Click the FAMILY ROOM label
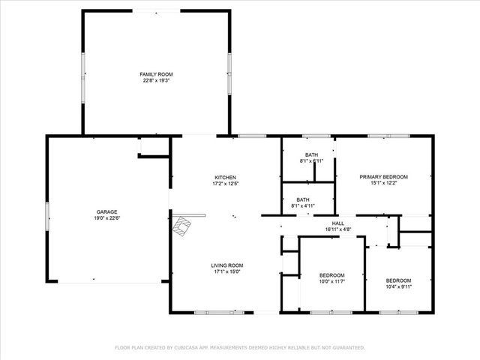point(156,74)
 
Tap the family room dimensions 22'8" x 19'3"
point(156,80)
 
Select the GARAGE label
point(106,212)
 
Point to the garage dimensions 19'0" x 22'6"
point(106,218)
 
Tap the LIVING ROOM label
point(226,265)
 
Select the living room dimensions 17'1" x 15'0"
point(226,271)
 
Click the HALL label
point(338,223)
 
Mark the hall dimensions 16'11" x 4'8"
point(338,229)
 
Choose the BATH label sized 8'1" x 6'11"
point(310,154)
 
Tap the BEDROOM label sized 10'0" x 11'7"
point(331,275)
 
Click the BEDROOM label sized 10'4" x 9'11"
point(398,280)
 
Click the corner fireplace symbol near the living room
point(181,226)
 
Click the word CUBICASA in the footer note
point(193,348)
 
